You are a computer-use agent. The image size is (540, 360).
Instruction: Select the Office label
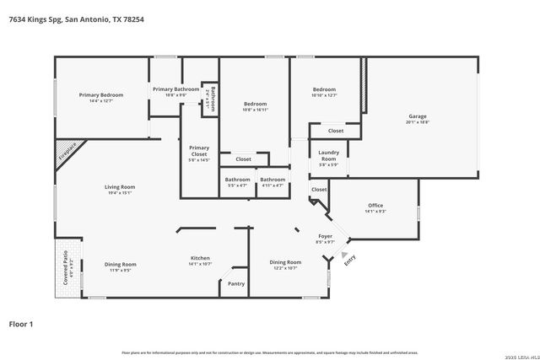point(375,206)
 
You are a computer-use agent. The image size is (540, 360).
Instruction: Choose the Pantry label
point(236,284)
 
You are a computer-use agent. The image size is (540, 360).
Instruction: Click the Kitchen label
point(200,258)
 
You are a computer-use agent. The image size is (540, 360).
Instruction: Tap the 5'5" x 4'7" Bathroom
point(237,180)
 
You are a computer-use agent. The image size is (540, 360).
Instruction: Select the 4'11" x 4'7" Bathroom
point(272,180)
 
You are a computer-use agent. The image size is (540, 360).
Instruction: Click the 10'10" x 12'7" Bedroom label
point(324,89)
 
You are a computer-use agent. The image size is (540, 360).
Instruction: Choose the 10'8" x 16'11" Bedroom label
point(255,105)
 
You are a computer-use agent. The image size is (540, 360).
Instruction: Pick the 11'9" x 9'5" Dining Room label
point(120,265)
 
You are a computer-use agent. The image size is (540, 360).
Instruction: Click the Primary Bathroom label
point(175,89)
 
